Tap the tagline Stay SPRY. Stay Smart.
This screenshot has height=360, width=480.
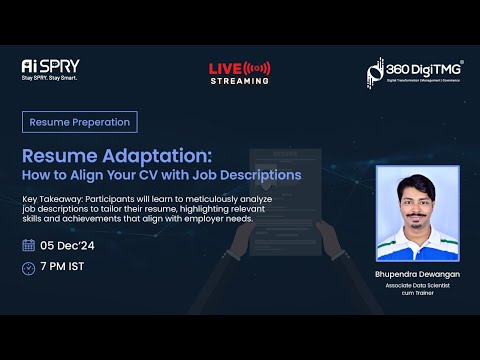pyautogui.click(x=49, y=77)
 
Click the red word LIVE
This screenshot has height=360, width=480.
pyautogui.click(x=225, y=68)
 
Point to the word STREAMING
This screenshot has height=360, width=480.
pyautogui.click(x=239, y=81)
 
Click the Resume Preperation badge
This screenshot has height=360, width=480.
pyautogui.click(x=79, y=122)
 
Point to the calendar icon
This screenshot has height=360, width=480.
pyautogui.click(x=28, y=245)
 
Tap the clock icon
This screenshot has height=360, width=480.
pyautogui.click(x=28, y=267)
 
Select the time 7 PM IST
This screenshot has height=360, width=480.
pyautogui.click(x=63, y=267)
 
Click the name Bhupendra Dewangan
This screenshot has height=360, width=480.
pyautogui.click(x=417, y=273)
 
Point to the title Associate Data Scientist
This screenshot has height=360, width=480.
pyautogui.click(x=417, y=285)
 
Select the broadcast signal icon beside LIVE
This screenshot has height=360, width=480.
pyautogui.click(x=257, y=68)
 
